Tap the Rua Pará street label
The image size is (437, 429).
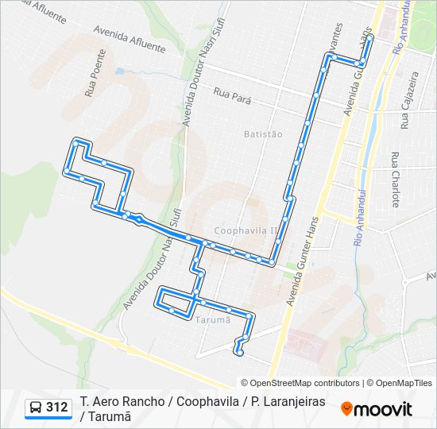coord(232,96)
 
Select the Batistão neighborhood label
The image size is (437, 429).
coord(263,134)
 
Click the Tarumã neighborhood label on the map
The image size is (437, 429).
coord(212,319)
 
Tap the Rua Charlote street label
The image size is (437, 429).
coord(395,179)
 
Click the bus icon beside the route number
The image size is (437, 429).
coord(36,408)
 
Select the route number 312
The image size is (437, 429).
coord(57,408)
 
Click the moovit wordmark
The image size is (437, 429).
coord(383,409)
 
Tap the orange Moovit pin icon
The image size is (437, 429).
coord(346,409)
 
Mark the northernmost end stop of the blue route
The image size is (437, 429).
coord(370,38)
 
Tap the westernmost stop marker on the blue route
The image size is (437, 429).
coord(67,171)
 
